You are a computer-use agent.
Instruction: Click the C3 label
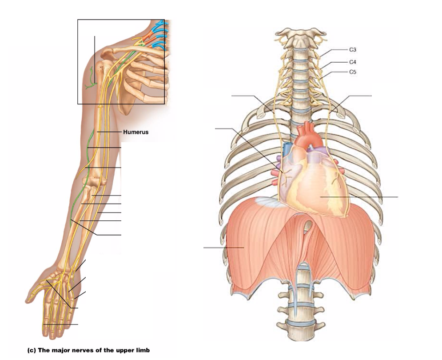click(x=353, y=50)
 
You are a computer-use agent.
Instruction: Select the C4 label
click(x=353, y=62)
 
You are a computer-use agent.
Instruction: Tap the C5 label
click(x=353, y=72)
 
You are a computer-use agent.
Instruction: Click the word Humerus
click(x=135, y=132)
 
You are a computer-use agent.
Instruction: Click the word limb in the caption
click(x=143, y=350)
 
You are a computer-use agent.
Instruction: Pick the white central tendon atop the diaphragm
click(x=267, y=202)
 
